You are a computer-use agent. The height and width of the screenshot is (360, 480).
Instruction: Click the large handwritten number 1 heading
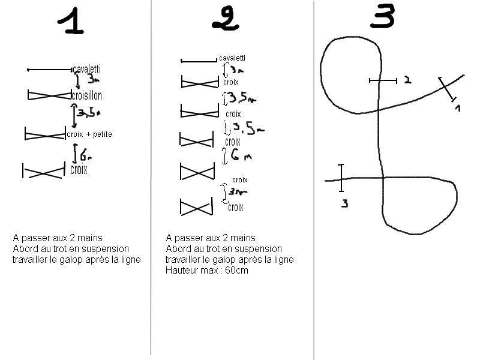pyautogui.click(x=71, y=21)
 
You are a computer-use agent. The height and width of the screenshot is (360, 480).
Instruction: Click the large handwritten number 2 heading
pyautogui.click(x=226, y=19)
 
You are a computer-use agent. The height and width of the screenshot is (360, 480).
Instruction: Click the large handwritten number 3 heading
pyautogui.click(x=382, y=16)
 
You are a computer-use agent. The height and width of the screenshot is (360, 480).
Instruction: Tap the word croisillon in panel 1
pyautogui.click(x=86, y=95)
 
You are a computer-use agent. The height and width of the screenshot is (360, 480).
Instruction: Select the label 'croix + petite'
pyautogui.click(x=89, y=134)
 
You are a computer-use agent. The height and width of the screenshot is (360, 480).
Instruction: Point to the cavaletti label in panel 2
pyautogui.click(x=232, y=58)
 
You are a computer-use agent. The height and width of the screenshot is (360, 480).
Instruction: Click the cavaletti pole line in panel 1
pyautogui.click(x=50, y=70)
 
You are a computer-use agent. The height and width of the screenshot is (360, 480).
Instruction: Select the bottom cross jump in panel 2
pyautogui.click(x=197, y=206)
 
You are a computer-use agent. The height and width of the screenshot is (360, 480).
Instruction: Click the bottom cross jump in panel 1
pyautogui.click(x=44, y=170)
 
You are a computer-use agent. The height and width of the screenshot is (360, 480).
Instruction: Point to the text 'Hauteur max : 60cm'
pyautogui.click(x=207, y=271)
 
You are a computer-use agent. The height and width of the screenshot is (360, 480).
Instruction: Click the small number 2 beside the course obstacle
pyautogui.click(x=408, y=80)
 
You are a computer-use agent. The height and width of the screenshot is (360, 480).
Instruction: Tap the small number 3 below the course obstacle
pyautogui.click(x=344, y=203)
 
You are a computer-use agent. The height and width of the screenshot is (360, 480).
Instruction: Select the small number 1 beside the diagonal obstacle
pyautogui.click(x=458, y=108)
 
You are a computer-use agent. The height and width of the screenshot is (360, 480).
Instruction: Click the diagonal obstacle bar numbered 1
pyautogui.click(x=447, y=89)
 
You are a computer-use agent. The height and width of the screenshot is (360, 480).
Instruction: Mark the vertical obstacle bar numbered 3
pyautogui.click(x=341, y=178)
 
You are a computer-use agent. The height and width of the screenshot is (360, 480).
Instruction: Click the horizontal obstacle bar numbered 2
pyautogui.click(x=383, y=81)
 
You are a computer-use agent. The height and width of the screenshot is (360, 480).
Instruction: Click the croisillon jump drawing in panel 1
pyautogui.click(x=50, y=95)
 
